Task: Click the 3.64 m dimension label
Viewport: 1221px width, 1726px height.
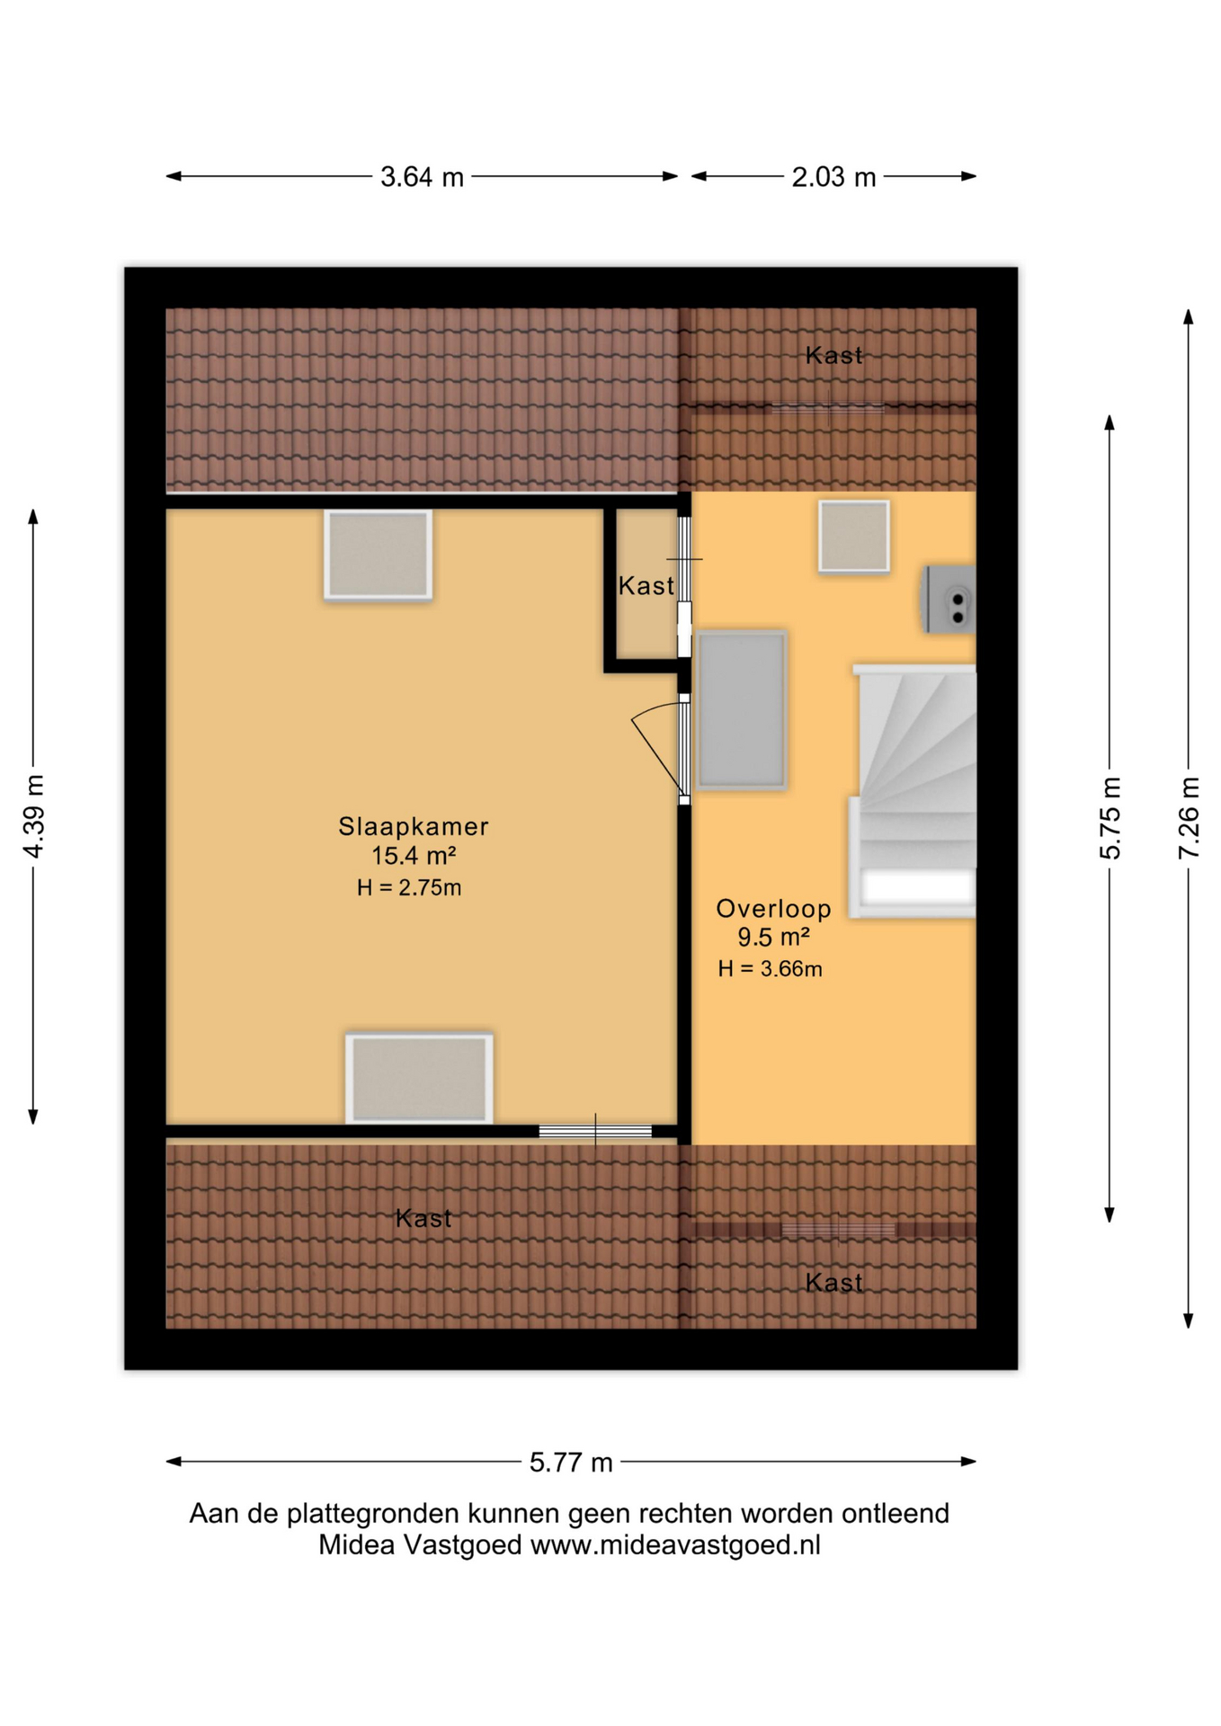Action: tap(421, 177)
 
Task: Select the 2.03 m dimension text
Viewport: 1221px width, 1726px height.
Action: tap(833, 177)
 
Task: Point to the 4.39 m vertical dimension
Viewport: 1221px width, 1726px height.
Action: tap(33, 815)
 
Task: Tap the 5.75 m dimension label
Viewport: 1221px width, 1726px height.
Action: tap(1110, 817)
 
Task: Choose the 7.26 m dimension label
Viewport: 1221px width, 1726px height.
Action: tap(1188, 817)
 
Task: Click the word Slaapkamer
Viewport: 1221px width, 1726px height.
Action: tap(413, 826)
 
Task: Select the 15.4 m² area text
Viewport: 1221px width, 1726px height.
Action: tap(413, 855)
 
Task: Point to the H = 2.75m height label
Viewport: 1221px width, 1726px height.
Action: tap(409, 887)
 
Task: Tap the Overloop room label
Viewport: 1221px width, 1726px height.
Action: tap(772, 908)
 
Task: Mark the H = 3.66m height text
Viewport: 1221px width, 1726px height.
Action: tap(770, 968)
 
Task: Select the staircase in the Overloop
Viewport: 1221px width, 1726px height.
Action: tap(915, 791)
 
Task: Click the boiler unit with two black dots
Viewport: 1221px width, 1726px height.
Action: tap(949, 600)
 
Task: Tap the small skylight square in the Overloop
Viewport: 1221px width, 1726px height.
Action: tap(853, 536)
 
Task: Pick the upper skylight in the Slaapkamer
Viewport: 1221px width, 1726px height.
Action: tap(379, 555)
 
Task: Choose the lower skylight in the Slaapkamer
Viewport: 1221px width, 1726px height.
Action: tap(419, 1077)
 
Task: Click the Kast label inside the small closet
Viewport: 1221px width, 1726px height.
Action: tap(646, 586)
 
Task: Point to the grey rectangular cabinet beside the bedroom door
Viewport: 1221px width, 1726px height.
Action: tap(741, 709)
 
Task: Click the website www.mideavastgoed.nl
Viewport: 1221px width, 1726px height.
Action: tap(674, 1544)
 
